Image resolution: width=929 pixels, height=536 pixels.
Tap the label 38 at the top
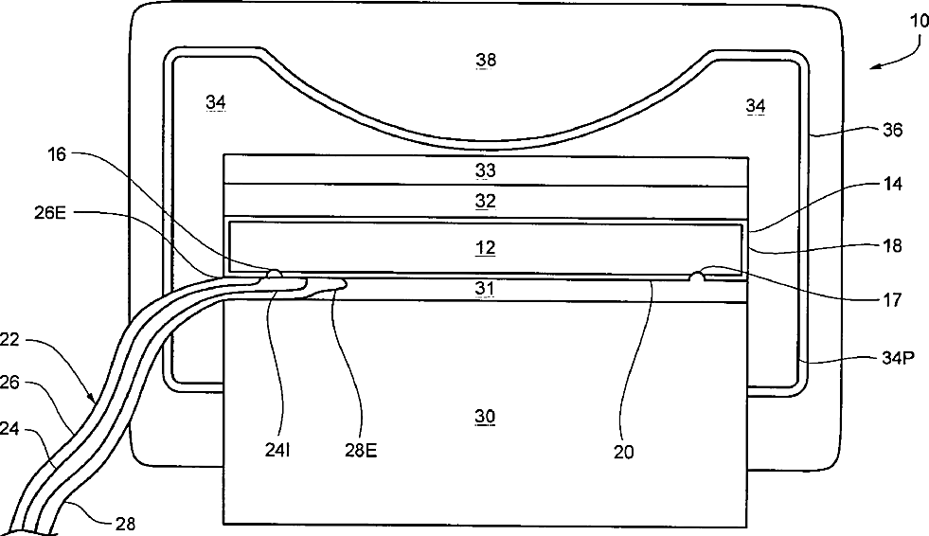[x=486, y=61]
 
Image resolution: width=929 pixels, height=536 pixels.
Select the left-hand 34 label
[x=215, y=102]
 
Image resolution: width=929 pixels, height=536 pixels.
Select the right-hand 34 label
[x=756, y=107]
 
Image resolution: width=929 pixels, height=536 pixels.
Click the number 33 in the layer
[x=486, y=171]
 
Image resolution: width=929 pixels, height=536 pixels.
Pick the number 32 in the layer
[x=486, y=201]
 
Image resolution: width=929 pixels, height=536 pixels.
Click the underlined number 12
[x=486, y=248]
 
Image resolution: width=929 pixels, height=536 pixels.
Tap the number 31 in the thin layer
[x=486, y=288]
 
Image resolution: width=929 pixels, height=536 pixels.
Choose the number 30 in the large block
[x=486, y=417]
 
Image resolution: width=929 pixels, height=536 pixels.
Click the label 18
[x=892, y=245]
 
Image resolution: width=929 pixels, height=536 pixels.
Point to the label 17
[x=892, y=303]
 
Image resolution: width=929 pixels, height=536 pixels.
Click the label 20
[x=622, y=452]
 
